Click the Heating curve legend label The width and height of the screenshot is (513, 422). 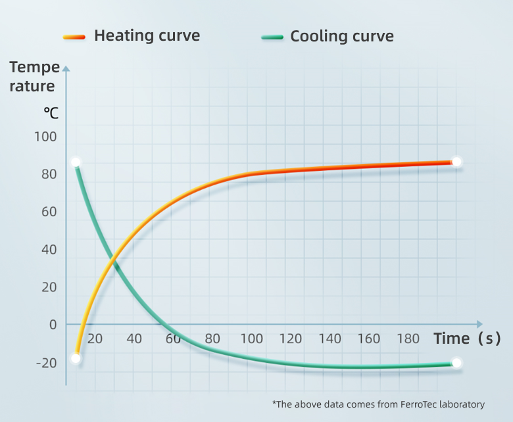click(x=147, y=35)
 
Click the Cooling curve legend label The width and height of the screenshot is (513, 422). click(x=342, y=36)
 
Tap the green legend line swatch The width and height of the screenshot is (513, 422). click(x=272, y=36)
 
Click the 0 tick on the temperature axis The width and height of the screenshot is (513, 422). click(x=53, y=325)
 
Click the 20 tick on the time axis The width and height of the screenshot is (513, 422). click(x=95, y=339)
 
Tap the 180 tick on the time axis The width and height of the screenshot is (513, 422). click(x=408, y=339)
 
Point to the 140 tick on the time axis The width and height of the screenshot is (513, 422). click(x=330, y=339)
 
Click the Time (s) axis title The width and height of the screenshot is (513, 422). click(x=467, y=339)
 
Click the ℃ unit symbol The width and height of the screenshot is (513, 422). click(x=51, y=112)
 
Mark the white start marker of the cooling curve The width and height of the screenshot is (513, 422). click(x=76, y=162)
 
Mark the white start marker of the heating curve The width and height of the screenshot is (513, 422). click(x=76, y=358)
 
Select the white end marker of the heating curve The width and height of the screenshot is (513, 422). click(x=457, y=162)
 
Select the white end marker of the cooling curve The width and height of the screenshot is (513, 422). click(x=457, y=363)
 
